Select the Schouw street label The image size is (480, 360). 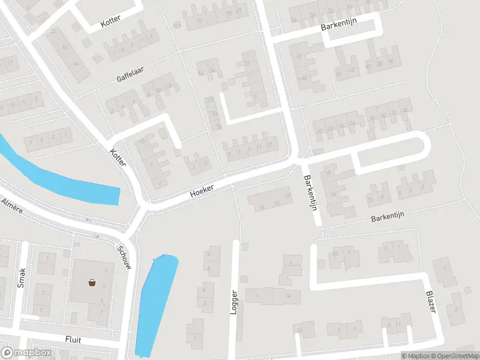click(x=125, y=258)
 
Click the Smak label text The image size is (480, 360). click(x=22, y=277)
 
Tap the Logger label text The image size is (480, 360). click(x=235, y=303)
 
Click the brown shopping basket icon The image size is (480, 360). click(x=92, y=283)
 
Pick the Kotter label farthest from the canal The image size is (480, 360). click(x=110, y=20)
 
